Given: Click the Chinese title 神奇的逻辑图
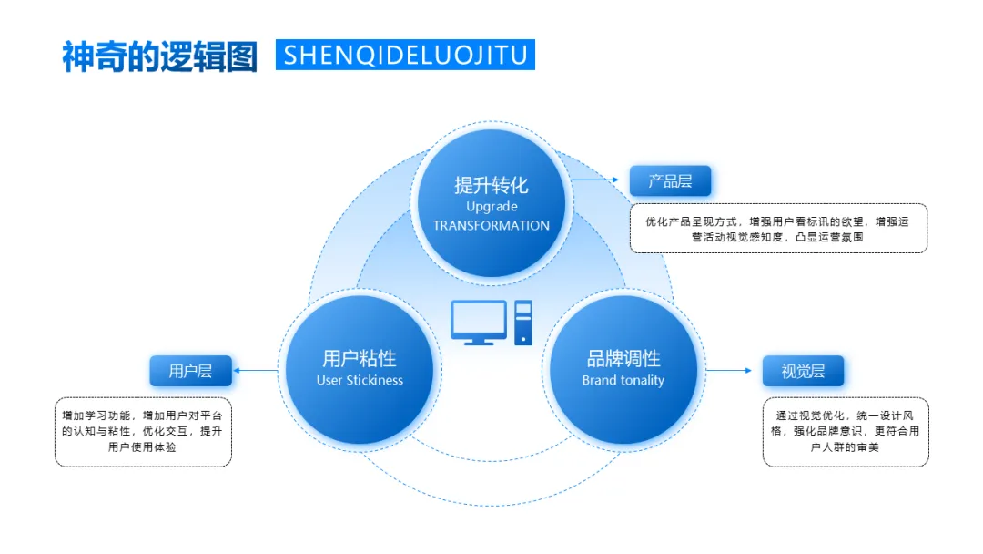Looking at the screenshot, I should pyautogui.click(x=160, y=56).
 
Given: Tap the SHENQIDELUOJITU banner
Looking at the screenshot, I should pyautogui.click(x=405, y=55).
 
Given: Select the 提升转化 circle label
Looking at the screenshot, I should pyautogui.click(x=491, y=185).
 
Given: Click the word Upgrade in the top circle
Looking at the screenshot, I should pyautogui.click(x=491, y=207).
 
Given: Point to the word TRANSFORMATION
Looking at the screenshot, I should pyautogui.click(x=491, y=225).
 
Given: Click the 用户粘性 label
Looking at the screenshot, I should pyautogui.click(x=360, y=358).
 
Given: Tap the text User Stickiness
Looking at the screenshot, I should pyautogui.click(x=360, y=380).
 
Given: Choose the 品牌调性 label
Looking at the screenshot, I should pyautogui.click(x=623, y=358).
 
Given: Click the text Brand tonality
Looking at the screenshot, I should pyautogui.click(x=623, y=380).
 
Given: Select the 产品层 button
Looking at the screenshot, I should pyautogui.click(x=670, y=181).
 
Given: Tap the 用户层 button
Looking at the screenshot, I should pyautogui.click(x=190, y=371).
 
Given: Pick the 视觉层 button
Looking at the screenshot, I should pyautogui.click(x=803, y=371).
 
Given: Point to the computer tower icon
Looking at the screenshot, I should pyautogui.click(x=522, y=323).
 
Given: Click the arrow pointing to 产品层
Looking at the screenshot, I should pyautogui.click(x=600, y=180).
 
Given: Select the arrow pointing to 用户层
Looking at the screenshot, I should pyautogui.click(x=257, y=370).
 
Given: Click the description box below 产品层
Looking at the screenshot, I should pyautogui.click(x=778, y=228).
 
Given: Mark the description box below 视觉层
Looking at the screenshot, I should pyautogui.click(x=846, y=431).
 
